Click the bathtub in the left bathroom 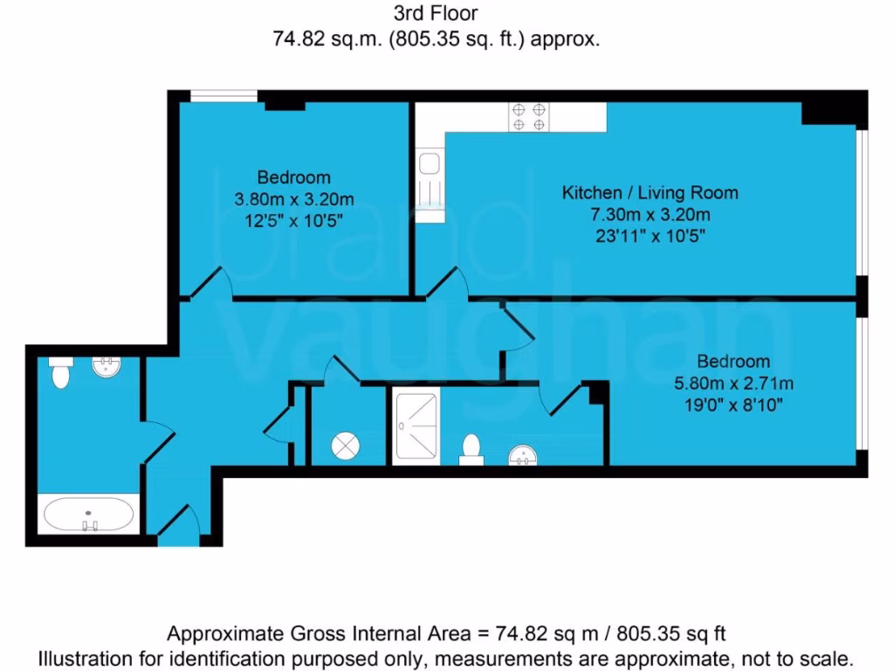tap(89, 514)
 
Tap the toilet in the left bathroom tap(60, 373)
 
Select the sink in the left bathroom tap(106, 366)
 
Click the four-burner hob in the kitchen tap(530, 116)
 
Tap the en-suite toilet tap(471, 449)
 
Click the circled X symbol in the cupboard tap(345, 446)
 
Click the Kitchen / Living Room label tap(650, 192)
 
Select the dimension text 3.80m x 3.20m tap(294, 198)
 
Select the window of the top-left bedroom tap(223, 96)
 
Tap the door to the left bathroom tap(157, 441)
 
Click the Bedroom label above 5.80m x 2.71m tap(732, 362)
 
